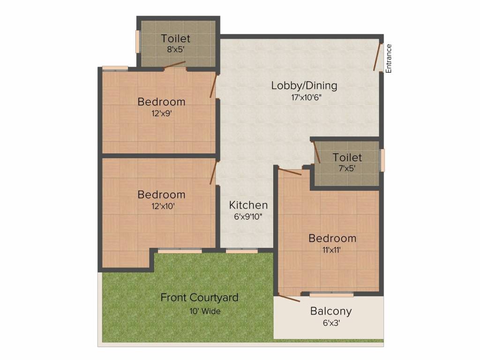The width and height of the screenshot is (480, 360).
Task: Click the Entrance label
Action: click(389, 59)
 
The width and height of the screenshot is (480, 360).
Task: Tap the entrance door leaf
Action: click(377, 57)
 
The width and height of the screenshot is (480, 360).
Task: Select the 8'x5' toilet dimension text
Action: click(175, 49)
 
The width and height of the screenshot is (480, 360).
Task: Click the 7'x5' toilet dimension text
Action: click(347, 168)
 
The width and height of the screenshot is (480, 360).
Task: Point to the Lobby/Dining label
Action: click(304, 85)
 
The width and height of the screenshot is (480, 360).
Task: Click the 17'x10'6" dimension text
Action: click(306, 97)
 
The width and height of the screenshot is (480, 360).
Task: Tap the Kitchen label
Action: click(248, 205)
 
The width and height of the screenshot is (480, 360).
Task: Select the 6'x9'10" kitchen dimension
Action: click(248, 217)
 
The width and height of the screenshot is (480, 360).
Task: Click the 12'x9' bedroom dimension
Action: click(161, 113)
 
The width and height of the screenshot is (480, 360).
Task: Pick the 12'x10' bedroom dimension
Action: click(163, 206)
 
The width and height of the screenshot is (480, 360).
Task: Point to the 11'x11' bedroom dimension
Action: click(331, 250)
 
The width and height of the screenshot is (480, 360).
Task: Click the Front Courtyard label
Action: click(199, 298)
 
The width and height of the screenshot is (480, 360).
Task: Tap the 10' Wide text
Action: click(205, 311)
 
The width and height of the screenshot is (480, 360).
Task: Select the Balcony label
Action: click(331, 311)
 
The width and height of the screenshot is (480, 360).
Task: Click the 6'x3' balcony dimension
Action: click(331, 323)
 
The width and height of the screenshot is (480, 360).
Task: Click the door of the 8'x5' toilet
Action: click(175, 65)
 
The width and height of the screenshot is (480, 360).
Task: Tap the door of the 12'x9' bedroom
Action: click(213, 86)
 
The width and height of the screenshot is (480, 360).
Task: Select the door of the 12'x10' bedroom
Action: click(213, 172)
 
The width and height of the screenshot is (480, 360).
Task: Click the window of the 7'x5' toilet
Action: click(382, 160)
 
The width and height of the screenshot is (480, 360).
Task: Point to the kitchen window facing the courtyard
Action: click(242, 251)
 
